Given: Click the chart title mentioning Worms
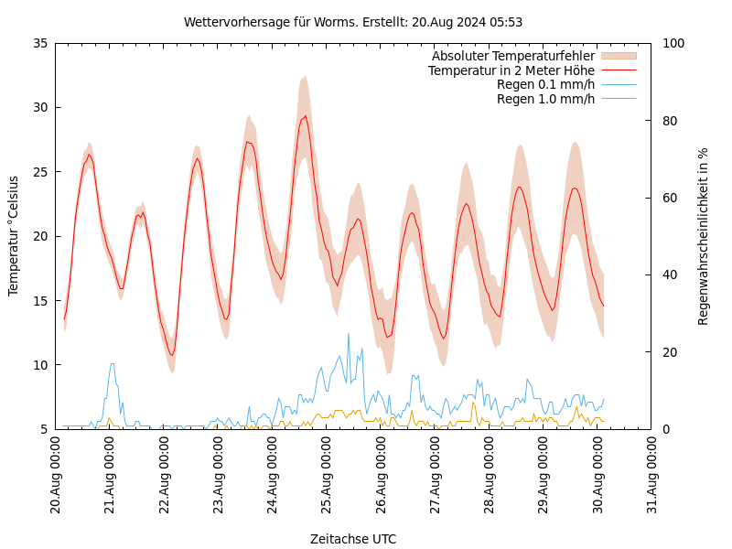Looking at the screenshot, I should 353,22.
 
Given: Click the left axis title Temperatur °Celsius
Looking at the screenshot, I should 14,235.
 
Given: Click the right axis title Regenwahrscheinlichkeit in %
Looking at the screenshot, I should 704,236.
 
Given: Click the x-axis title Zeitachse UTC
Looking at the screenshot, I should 353,539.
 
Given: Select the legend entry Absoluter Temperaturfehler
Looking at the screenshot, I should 512,57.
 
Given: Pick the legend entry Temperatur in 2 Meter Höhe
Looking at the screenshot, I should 511,70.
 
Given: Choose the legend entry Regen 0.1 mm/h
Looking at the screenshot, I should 545,85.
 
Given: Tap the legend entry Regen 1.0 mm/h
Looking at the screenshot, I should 545,99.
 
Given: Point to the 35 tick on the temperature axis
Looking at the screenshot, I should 39,43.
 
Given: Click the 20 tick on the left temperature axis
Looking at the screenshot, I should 39,236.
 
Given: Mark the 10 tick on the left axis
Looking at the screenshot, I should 39,365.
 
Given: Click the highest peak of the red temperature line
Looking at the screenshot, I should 306,115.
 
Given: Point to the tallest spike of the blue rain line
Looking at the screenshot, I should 349,333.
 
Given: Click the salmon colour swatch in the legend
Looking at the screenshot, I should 618,57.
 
